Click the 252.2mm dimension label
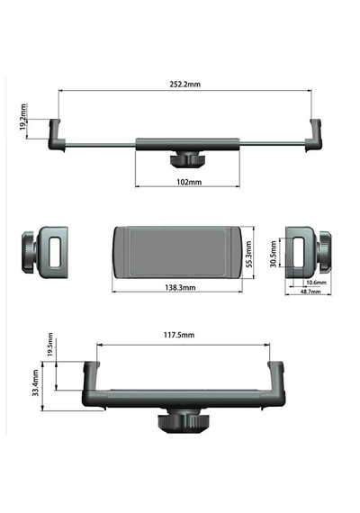184,84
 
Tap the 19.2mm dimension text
22,117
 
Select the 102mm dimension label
189,182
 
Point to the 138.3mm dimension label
180,288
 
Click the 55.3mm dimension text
248,254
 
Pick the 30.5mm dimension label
274,254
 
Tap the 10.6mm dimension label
316,282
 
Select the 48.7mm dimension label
310,292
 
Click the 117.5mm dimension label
179,335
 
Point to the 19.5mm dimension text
50,345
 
